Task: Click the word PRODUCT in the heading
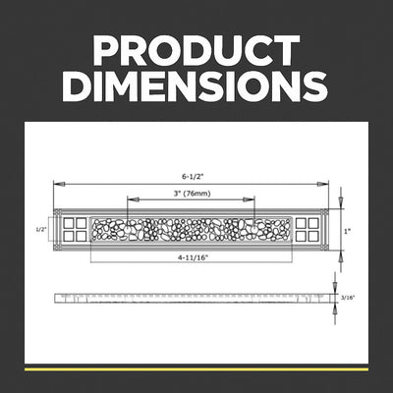point(196,50)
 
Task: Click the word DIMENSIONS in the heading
point(196,85)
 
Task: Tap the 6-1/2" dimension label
point(193,176)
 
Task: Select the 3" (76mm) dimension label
point(192,194)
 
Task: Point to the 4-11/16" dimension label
point(194,257)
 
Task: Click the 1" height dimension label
point(347,231)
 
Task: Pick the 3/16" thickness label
point(348,298)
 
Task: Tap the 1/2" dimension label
point(40,230)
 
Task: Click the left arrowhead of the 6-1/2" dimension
point(59,184)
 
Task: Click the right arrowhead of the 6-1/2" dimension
point(323,184)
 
